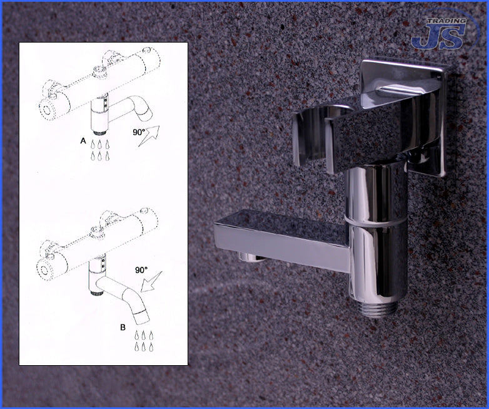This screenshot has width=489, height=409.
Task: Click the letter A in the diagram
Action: (83, 141)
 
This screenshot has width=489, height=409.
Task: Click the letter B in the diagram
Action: (123, 328)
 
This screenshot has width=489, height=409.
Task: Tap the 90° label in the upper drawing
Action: (139, 132)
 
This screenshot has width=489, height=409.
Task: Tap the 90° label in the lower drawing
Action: (141, 270)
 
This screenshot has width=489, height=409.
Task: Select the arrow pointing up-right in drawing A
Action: (149, 136)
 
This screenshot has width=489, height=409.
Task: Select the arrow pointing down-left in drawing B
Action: (151, 281)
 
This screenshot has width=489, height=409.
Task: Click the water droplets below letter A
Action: (99, 150)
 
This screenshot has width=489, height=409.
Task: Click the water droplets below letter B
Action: (143, 341)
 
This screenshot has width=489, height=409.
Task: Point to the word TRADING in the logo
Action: (446, 21)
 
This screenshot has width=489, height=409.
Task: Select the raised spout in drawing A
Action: (131, 110)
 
